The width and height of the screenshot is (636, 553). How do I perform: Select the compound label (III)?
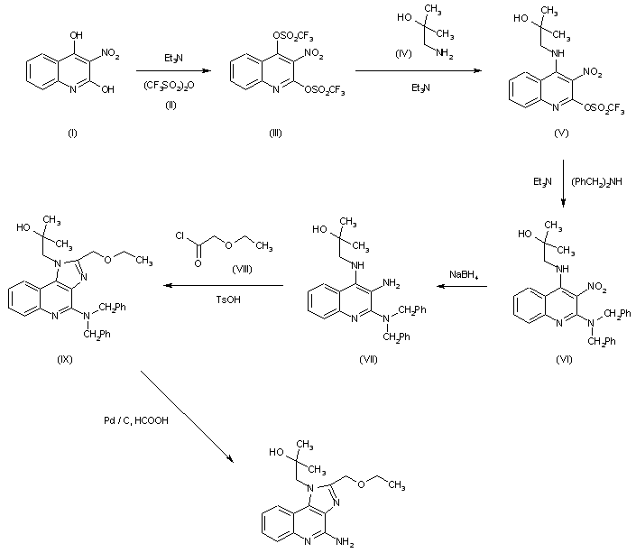click(x=274, y=133)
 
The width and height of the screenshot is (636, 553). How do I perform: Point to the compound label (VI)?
click(x=565, y=358)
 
